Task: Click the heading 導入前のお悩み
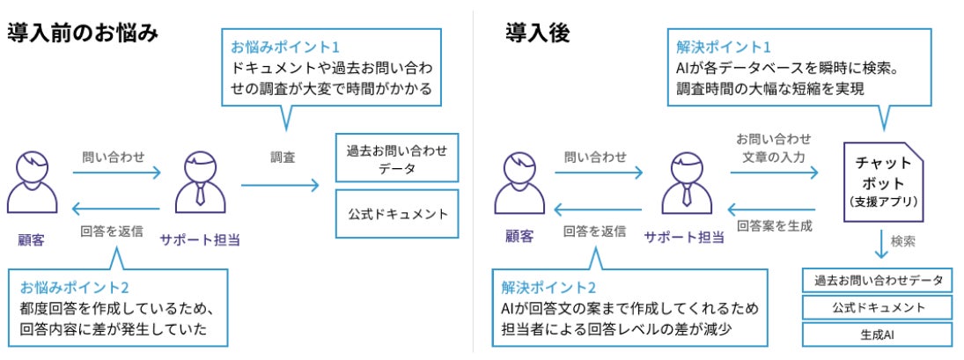pyautogui.click(x=83, y=33)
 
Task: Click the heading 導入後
pyautogui.click(x=538, y=33)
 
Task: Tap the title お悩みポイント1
pyautogui.click(x=284, y=46)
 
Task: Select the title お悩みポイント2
pyautogui.click(x=75, y=287)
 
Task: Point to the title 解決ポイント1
pyautogui.click(x=725, y=46)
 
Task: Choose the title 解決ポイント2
pyautogui.click(x=548, y=287)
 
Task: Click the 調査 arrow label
pyautogui.click(x=283, y=158)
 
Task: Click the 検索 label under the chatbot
pyautogui.click(x=903, y=240)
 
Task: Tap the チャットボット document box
pyautogui.click(x=883, y=182)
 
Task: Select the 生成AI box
pyautogui.click(x=878, y=334)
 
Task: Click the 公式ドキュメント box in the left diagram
pyautogui.click(x=398, y=213)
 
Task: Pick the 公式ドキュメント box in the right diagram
pyautogui.click(x=878, y=307)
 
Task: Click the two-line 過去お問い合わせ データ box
pyautogui.click(x=398, y=158)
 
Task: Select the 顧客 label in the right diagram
pyautogui.click(x=519, y=235)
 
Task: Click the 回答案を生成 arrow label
pyautogui.click(x=774, y=225)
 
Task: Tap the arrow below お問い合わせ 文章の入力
pyautogui.click(x=774, y=173)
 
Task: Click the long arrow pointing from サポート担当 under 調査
pyautogui.click(x=280, y=185)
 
